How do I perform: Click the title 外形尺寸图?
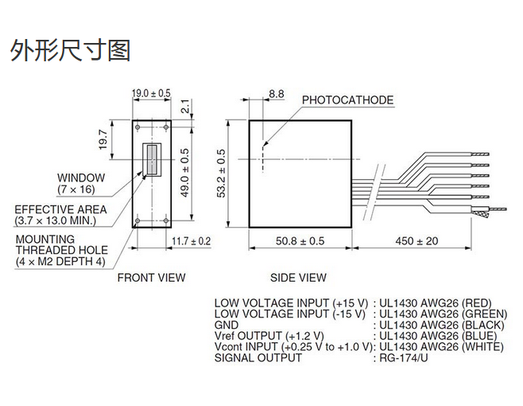click(70, 51)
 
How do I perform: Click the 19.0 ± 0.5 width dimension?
click(151, 93)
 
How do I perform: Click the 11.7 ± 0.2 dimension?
click(191, 240)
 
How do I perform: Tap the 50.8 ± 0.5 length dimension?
click(300, 240)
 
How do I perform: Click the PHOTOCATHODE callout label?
click(347, 100)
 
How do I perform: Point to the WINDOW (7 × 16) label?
click(80, 183)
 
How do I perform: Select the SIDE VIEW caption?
click(299, 278)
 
